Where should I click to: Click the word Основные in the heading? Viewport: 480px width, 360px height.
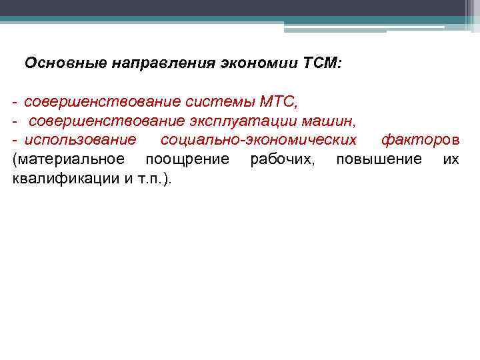point(54,64)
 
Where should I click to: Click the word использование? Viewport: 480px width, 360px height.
point(80,141)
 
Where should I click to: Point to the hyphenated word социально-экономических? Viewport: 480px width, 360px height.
point(259,141)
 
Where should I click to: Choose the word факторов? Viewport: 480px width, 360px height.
point(420,141)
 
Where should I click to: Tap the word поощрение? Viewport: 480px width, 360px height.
point(187,160)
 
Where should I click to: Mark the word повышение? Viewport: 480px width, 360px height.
point(379,160)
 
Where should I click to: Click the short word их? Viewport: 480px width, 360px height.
point(451,159)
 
